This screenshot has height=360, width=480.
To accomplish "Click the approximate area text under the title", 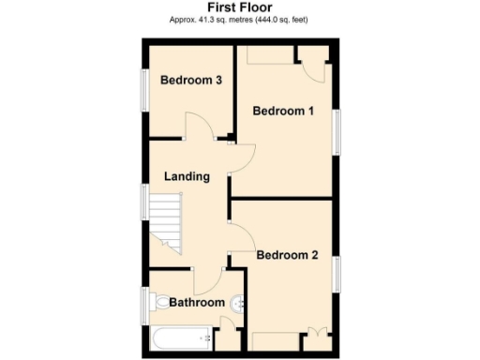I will pyautogui.click(x=239, y=20).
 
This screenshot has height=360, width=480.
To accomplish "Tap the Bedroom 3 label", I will pyautogui.click(x=190, y=81).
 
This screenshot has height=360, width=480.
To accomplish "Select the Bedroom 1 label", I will pyautogui.click(x=284, y=111).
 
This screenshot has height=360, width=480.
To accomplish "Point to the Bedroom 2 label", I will pyautogui.click(x=288, y=255).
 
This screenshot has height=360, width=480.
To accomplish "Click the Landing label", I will pyautogui.click(x=187, y=176).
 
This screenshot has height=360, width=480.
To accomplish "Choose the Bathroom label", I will pyautogui.click(x=197, y=302).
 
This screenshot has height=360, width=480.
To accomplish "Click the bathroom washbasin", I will pyautogui.click(x=239, y=302).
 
